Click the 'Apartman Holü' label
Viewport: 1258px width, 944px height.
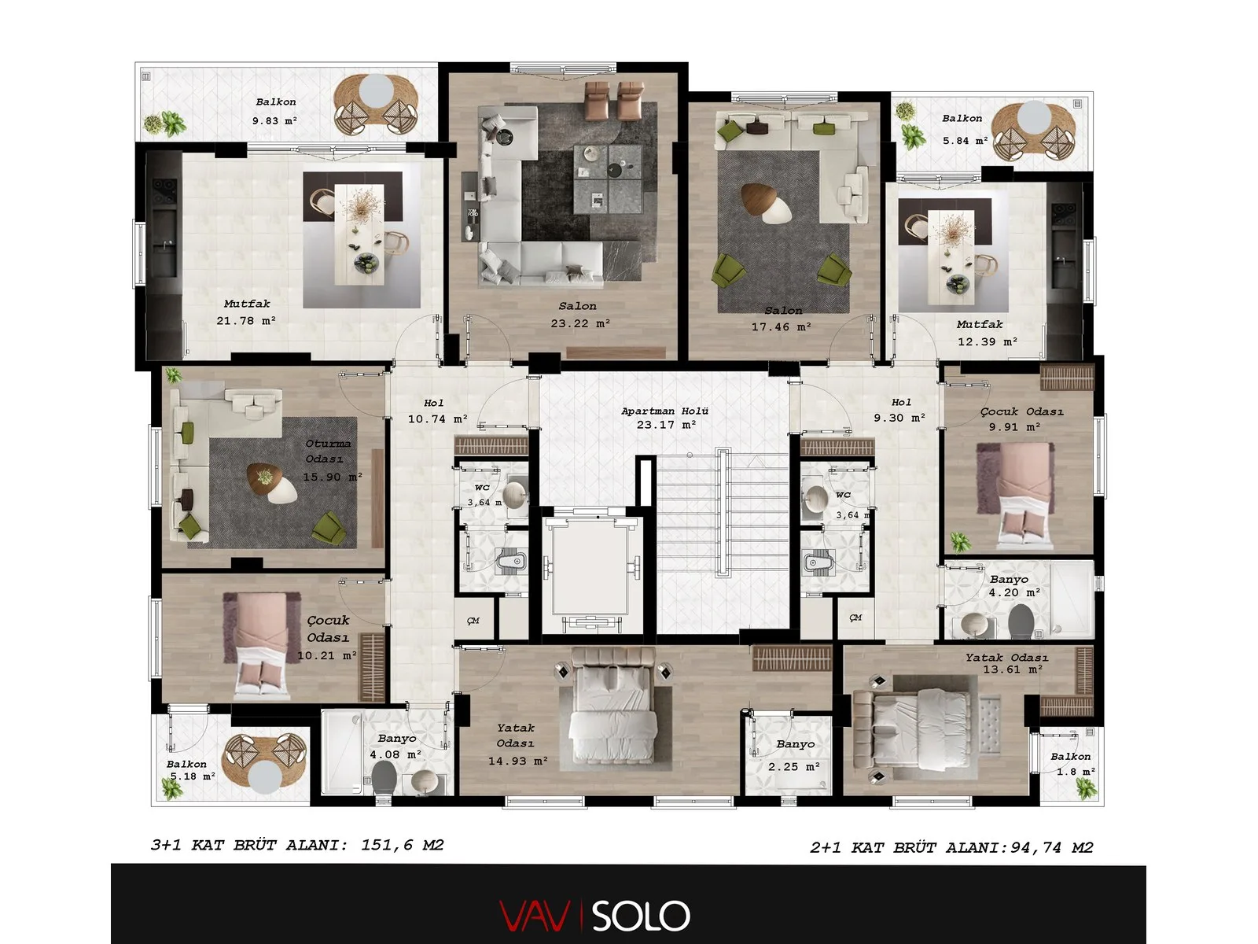665,411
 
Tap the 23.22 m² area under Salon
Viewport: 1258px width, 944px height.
580,323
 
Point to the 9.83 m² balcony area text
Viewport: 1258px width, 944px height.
274,121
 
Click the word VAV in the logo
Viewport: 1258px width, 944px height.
535,916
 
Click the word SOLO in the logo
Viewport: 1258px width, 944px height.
640,916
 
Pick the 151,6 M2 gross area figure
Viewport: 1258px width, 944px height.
403,845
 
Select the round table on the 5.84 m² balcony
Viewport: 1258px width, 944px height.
1034,115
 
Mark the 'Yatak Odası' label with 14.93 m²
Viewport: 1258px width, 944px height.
515,736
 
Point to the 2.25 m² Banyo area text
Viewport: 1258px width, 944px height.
794,766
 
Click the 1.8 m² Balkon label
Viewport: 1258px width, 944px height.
1071,757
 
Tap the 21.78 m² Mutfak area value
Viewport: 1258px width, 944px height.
246,321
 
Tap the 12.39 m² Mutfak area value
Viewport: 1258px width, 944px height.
988,341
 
